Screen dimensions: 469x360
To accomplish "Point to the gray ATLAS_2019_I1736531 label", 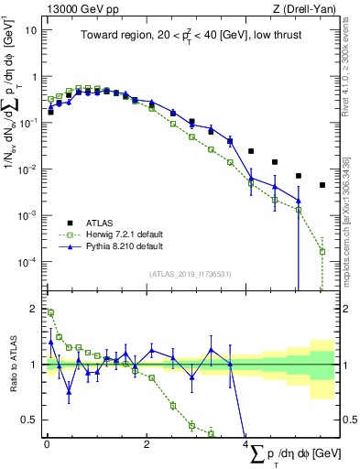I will click(190, 274).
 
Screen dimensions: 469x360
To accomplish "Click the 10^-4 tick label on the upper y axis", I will click(27, 262).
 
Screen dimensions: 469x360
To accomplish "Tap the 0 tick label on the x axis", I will click(47, 444).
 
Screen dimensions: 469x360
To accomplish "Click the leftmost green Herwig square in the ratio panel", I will click(50, 312).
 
